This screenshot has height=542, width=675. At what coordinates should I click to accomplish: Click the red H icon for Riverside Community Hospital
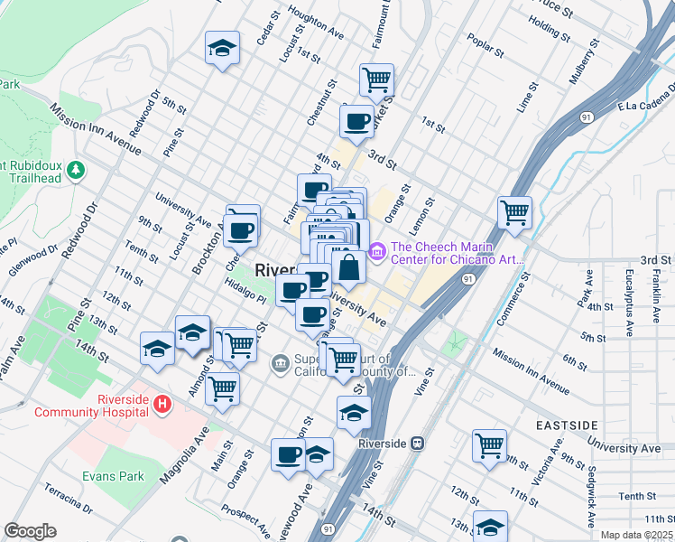[x=162, y=403]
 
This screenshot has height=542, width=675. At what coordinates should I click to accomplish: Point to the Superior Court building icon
[x=280, y=363]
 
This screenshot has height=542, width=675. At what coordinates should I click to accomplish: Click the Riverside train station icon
[x=417, y=444]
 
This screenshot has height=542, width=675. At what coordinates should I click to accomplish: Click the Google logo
[x=30, y=531]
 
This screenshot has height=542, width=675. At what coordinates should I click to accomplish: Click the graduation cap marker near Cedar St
[x=221, y=49]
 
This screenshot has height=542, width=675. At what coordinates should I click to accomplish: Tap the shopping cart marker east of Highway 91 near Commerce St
[x=514, y=212]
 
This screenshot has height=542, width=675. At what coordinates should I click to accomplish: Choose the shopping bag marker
[x=349, y=266]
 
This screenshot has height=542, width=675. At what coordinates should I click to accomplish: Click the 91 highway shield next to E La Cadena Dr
[x=587, y=117]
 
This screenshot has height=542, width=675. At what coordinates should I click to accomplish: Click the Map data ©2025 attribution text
[x=635, y=535]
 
